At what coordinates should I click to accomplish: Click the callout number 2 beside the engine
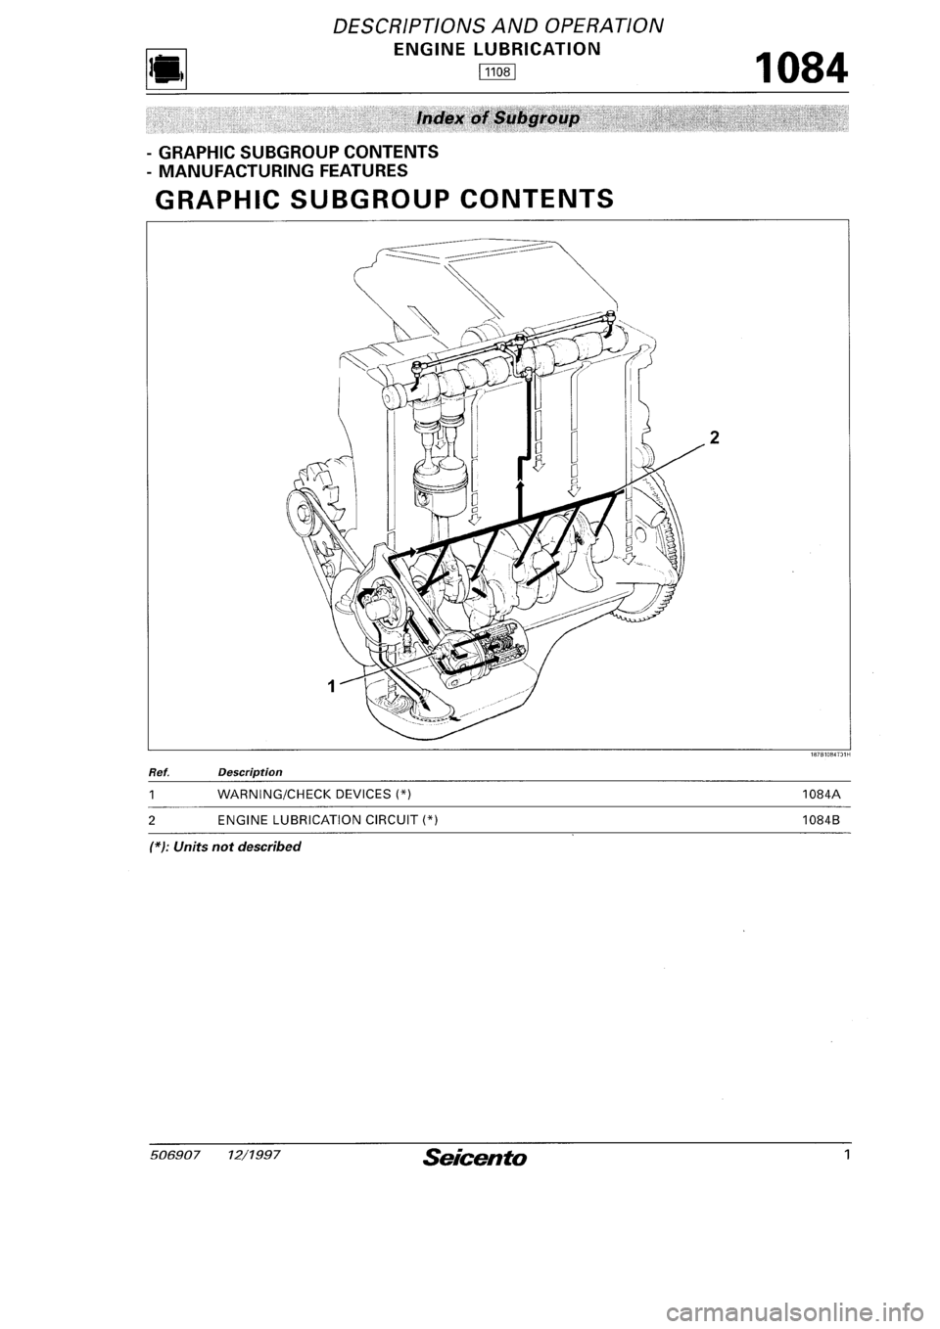(715, 438)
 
